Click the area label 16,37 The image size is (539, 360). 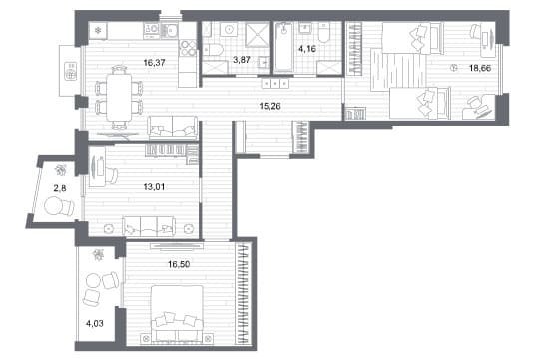point(155,63)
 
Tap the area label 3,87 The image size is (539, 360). point(242,60)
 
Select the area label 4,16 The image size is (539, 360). point(307,49)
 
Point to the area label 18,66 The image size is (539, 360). point(480,68)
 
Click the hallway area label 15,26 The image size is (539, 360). point(269,106)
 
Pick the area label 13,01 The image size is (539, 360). point(154,187)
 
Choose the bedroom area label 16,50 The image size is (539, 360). point(179,264)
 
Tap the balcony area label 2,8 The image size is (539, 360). point(60,188)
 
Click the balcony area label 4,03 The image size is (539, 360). point(95,323)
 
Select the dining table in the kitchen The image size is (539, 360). point(119,97)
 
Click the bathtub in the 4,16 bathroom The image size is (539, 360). point(283,47)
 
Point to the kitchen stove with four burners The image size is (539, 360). point(187,48)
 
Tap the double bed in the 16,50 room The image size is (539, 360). point(177,313)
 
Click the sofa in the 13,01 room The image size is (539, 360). point(149,226)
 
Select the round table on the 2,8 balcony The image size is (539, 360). point(54,205)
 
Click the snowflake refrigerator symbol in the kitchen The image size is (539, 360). point(98,31)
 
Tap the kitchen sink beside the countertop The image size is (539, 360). point(169,31)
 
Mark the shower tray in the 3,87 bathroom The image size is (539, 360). point(258,34)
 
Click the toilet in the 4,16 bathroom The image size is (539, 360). point(323,33)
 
